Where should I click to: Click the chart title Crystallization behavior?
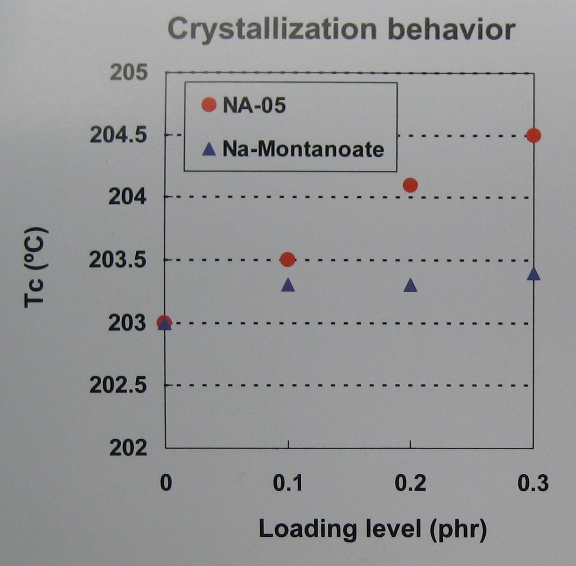coord(341,29)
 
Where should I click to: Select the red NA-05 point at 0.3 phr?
coord(533,135)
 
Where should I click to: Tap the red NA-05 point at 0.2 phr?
coord(410,185)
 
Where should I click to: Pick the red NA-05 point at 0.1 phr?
coord(288,259)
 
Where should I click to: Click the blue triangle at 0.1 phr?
coord(288,285)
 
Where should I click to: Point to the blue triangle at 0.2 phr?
coord(410,285)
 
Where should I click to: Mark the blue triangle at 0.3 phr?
coord(533,274)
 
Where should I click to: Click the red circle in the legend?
coord(208,105)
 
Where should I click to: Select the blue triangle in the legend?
coord(209,150)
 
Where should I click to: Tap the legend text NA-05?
coord(254,105)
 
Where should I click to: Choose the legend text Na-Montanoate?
coord(303,149)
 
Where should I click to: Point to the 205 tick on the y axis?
coord(129,73)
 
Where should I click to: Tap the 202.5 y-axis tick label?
coord(118,386)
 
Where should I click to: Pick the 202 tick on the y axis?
coord(129,448)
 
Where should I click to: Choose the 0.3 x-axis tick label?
coord(533,483)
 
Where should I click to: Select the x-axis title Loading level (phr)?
coord(373,529)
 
